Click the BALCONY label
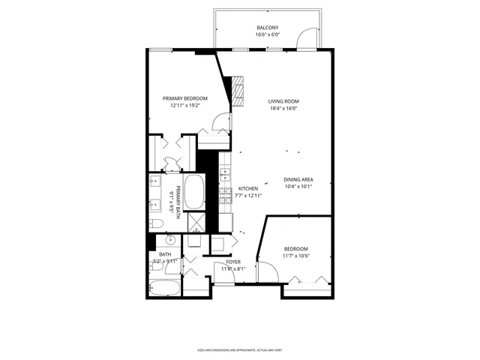[267, 28]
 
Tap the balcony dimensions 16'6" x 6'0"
[267, 35]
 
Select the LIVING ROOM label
[284, 101]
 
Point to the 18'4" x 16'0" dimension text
[284, 109]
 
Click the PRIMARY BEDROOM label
[185, 98]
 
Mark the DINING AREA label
[298, 179]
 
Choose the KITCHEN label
[248, 188]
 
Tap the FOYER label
[233, 262]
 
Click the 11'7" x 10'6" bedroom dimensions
[295, 256]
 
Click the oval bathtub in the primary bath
[193, 193]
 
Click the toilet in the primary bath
[156, 223]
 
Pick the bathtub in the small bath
[164, 288]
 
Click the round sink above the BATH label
[169, 240]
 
